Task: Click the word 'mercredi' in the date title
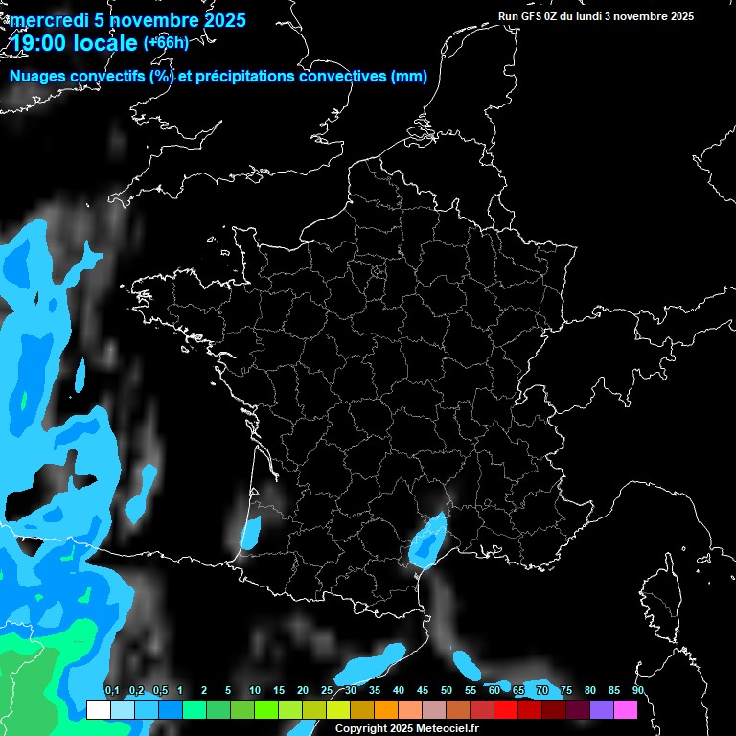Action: tap(51, 20)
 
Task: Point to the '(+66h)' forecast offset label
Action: tap(166, 42)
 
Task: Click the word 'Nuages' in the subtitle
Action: tap(41, 77)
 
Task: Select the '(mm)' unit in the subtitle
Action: tap(409, 77)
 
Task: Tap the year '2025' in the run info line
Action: tap(681, 16)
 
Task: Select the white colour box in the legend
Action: tap(98, 709)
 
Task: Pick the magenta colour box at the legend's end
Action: tap(625, 709)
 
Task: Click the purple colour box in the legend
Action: tap(601, 709)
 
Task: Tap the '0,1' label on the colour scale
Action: tap(111, 691)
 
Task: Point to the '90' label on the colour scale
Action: tap(637, 691)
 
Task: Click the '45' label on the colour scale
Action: tap(423, 691)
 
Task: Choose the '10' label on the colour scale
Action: tap(255, 691)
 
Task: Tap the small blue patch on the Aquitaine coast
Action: tap(250, 532)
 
